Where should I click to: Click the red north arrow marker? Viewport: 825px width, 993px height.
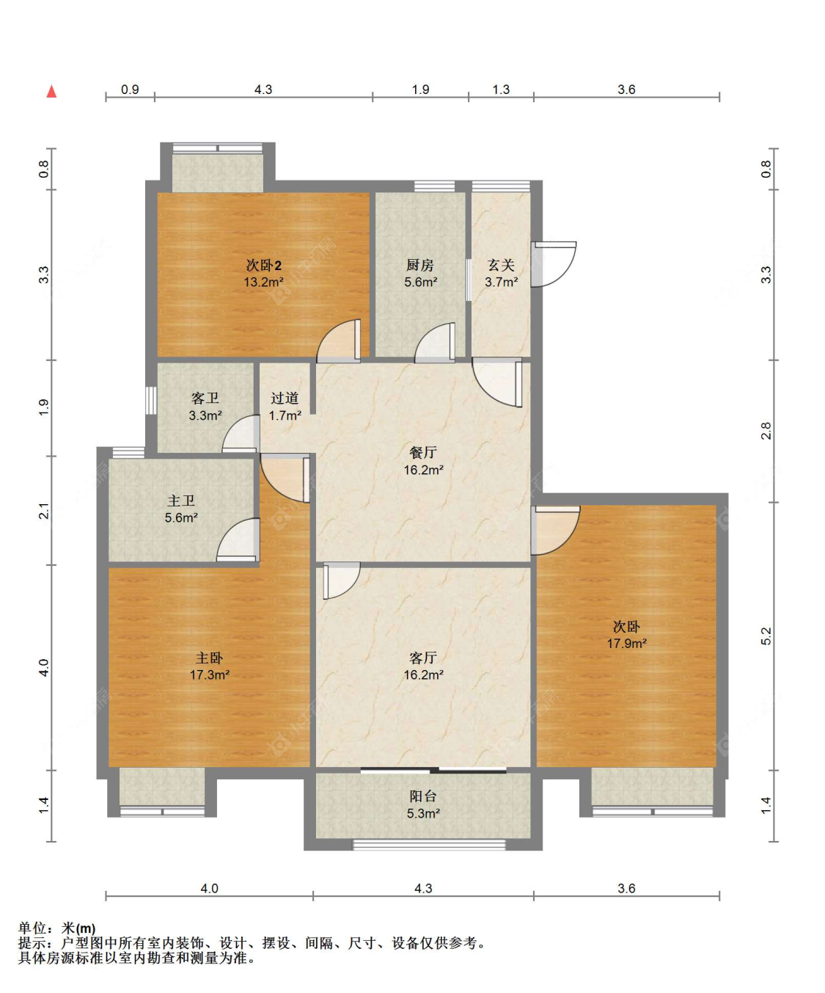pos(51,91)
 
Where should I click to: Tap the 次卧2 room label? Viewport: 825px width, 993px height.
pos(264,265)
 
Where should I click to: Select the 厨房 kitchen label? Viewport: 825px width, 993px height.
pos(420,265)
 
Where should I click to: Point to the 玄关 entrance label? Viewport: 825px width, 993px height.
pos(501,265)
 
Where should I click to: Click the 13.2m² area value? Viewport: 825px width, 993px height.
pos(264,282)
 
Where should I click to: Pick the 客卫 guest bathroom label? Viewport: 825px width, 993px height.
pos(205,398)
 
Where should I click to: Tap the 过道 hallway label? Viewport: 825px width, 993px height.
pos(285,398)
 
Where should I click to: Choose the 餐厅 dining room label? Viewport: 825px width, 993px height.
pos(423,452)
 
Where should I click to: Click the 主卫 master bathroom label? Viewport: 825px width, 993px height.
pos(181,501)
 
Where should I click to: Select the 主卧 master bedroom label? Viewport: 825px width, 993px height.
pos(210,658)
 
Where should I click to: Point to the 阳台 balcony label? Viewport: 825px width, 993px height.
pos(423,796)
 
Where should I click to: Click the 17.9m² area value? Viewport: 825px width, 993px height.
pos(626,644)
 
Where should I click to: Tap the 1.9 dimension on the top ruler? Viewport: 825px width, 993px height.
pos(421,90)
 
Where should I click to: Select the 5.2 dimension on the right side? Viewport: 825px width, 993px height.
pos(766,636)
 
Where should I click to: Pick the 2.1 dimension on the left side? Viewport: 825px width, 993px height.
pos(44,511)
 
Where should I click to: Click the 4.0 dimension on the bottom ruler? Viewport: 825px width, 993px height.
pos(209,888)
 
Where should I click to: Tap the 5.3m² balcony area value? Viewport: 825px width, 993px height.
pos(423,813)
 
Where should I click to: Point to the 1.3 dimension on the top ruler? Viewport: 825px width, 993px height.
pos(501,90)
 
